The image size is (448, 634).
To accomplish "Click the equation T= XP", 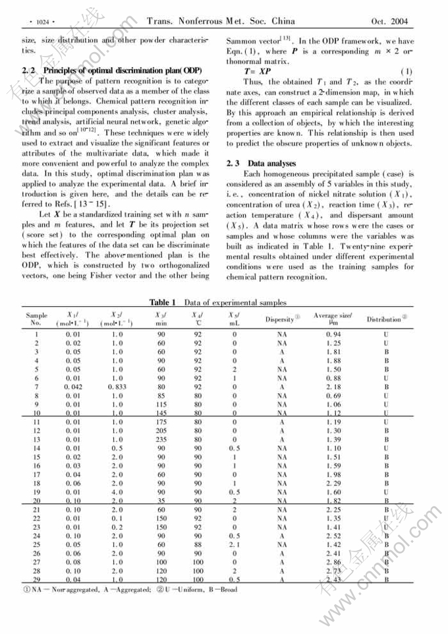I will [257, 71].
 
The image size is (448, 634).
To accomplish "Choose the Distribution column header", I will [385, 320].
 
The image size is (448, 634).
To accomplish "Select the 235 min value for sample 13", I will [161, 439].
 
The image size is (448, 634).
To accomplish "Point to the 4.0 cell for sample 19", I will [119, 491].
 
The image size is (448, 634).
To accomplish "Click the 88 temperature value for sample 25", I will [198, 545].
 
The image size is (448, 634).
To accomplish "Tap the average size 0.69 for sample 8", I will [336, 395].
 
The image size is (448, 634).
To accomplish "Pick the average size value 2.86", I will [336, 562].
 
